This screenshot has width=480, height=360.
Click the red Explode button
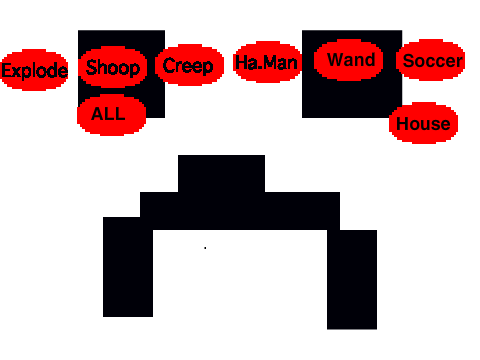[35, 70]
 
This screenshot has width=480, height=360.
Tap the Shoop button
[113, 67]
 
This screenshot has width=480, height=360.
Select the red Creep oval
[189, 65]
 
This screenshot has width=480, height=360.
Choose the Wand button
[348, 60]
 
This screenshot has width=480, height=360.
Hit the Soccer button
[431, 60]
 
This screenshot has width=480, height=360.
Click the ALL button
[112, 115]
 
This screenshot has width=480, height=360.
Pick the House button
[423, 123]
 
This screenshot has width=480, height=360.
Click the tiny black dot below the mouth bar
[205, 248]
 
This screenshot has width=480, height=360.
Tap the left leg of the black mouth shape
[128, 267]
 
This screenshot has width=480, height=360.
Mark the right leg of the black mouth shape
[352, 280]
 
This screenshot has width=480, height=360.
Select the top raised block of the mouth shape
[222, 173]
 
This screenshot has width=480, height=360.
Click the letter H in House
[403, 124]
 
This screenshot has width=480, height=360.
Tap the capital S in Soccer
[409, 61]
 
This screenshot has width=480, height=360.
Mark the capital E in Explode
[6, 70]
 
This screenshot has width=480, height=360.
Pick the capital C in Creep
[168, 65]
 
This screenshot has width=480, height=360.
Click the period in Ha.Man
[261, 68]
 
